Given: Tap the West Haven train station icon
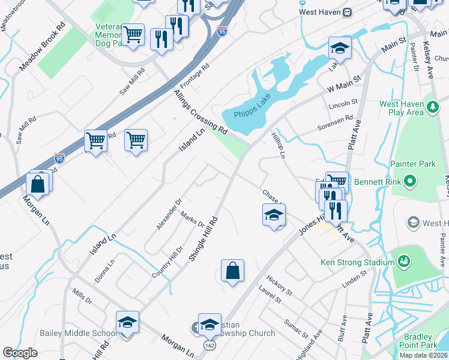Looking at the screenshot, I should click(347, 12).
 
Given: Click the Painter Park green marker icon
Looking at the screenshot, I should click(411, 180).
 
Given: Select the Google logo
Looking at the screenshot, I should click(20, 353).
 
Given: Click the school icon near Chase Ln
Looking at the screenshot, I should click(273, 214).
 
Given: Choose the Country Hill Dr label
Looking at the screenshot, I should click(167, 262).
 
